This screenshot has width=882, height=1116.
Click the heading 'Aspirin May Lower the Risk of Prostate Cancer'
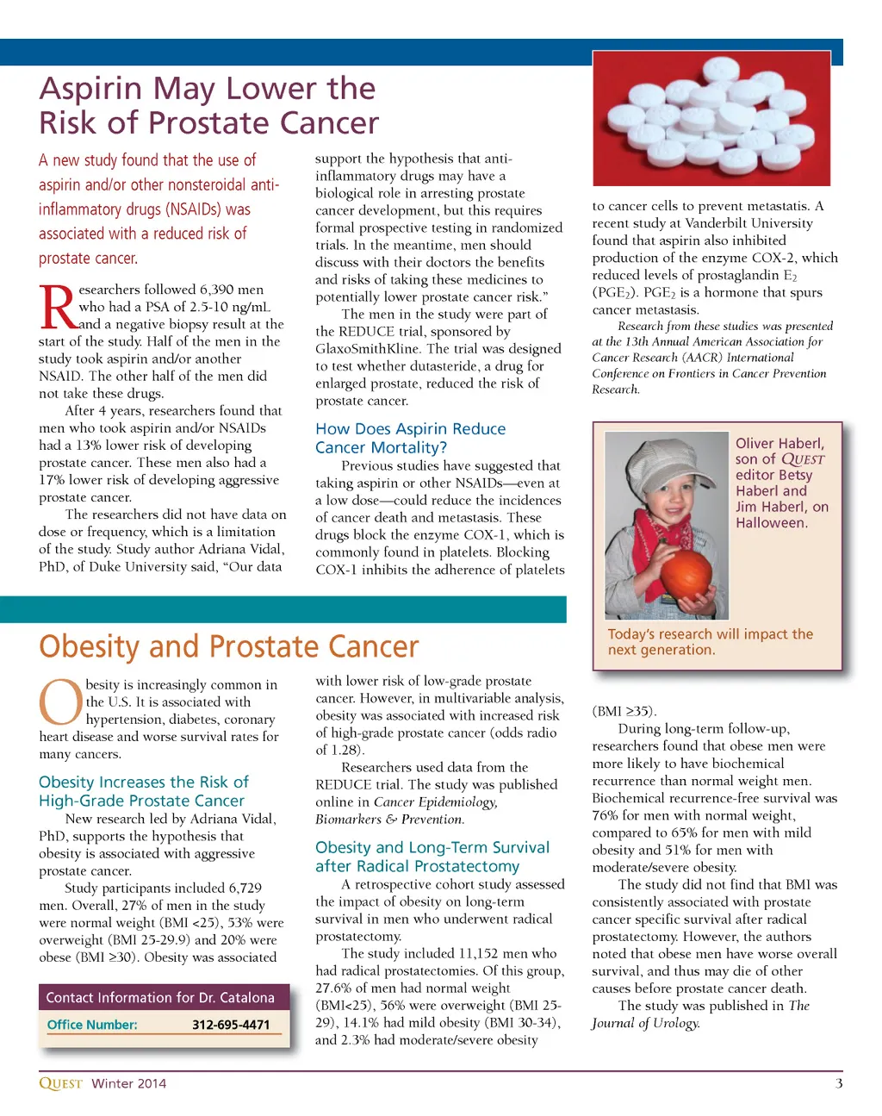pos(208,105)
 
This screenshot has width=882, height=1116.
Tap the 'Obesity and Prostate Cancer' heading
pos(229,646)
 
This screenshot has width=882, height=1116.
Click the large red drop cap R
pos(58,309)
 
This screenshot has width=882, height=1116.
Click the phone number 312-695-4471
pos(231,1025)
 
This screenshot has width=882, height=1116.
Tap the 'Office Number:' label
pos(92,1025)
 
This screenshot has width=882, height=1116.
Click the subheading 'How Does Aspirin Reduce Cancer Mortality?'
pos(410,438)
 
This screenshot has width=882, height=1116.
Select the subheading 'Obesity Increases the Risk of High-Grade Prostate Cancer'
pos(144,791)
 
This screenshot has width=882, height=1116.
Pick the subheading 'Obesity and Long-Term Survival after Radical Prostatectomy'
pos(432,857)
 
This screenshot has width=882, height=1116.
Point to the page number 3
pos(838,1083)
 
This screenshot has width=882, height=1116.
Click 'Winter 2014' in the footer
pos(129,1083)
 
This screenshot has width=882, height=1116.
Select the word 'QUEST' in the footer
pos(60,1083)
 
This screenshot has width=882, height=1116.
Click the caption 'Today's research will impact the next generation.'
pos(710,642)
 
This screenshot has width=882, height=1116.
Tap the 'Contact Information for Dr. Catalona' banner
pos(160,997)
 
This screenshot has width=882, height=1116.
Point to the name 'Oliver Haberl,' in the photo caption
pos(780,443)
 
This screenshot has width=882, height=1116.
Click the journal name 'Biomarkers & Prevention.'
pos(389,819)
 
